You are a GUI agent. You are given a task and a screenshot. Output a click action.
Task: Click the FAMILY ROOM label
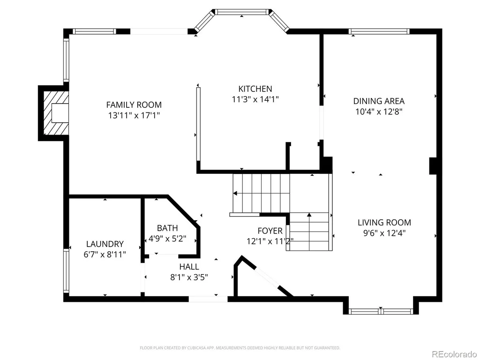click(x=134, y=105)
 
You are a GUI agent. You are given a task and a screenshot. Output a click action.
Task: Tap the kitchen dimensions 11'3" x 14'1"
click(x=255, y=99)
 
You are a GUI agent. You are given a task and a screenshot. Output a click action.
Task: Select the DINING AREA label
click(x=379, y=101)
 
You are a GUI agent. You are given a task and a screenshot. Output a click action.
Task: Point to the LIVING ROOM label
click(x=384, y=222)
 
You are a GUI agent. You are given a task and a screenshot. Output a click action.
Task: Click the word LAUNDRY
click(x=105, y=244)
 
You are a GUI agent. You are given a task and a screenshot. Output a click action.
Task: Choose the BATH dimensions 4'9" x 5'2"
click(x=167, y=239)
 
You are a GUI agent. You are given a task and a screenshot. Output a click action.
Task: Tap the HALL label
click(x=189, y=267)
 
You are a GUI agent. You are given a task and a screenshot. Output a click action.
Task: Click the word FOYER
click(x=270, y=231)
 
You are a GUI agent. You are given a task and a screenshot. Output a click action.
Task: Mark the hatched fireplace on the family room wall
click(x=56, y=113)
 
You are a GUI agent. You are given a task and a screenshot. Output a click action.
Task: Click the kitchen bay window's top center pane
click(x=242, y=12)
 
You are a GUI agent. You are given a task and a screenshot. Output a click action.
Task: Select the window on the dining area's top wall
click(x=379, y=31)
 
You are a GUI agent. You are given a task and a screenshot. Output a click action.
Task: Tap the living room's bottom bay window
click(x=381, y=311)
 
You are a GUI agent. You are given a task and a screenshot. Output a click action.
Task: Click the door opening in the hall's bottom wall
click(x=208, y=299)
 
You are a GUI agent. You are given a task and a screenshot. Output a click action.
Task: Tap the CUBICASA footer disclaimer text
click(x=240, y=348)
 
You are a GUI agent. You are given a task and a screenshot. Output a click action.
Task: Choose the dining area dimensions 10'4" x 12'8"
click(x=379, y=112)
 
